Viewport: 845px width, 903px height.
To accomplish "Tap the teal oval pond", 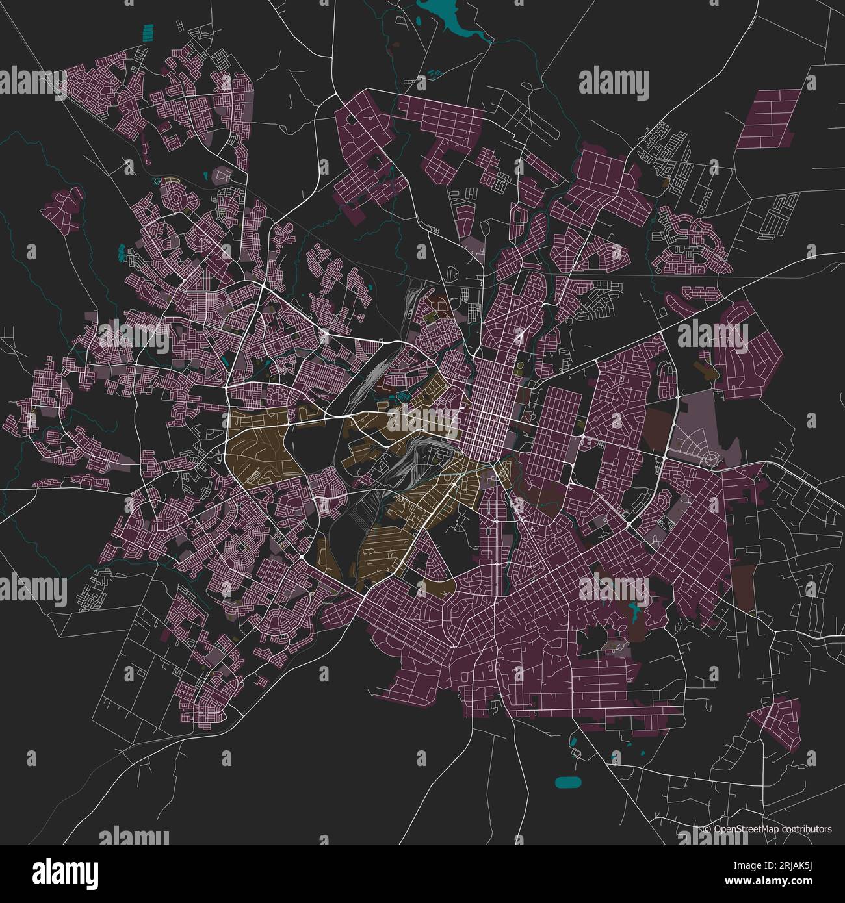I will pos(569,782).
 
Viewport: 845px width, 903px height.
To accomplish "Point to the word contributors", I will pos(807,829).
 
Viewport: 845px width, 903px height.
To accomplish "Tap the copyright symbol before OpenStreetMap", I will pos(707,829).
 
